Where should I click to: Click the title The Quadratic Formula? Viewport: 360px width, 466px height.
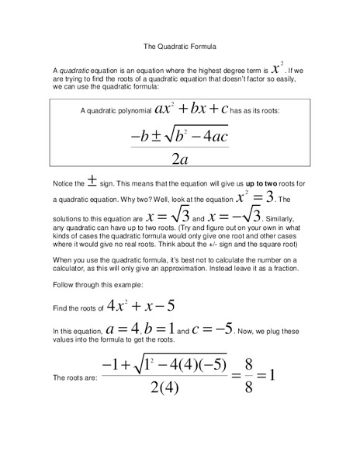point(179,46)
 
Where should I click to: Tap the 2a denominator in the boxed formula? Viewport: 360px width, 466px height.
point(179,158)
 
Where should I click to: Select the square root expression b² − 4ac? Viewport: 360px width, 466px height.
point(196,136)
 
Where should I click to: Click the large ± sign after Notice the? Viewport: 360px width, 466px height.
point(92,182)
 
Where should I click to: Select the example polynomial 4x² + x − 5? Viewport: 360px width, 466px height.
point(143,307)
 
